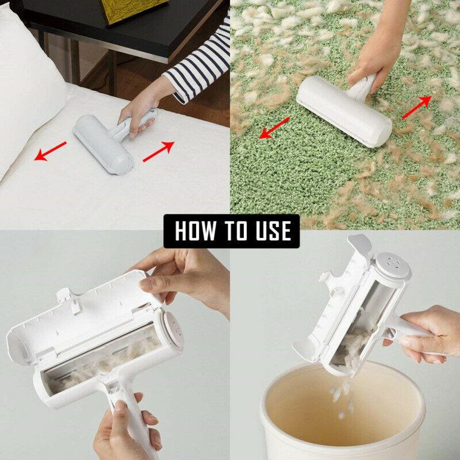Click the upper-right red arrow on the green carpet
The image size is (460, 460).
click(416, 106)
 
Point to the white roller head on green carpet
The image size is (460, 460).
click(345, 112)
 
